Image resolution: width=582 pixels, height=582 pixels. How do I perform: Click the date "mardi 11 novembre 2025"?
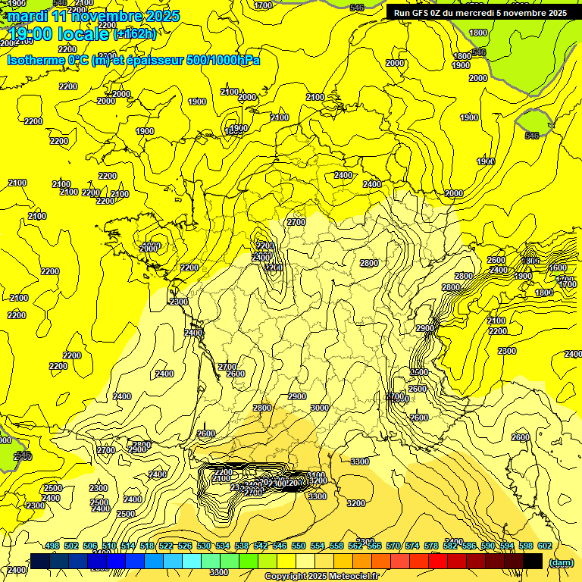coord(93,16)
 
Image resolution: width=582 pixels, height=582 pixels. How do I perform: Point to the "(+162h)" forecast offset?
coord(135,33)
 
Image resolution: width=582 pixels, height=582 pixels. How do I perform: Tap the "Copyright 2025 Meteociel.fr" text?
coord(321,576)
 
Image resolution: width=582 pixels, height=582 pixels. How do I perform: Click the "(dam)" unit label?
coord(561,562)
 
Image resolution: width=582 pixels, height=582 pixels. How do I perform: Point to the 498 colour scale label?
coord(52,546)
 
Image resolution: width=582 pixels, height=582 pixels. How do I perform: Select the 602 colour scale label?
coord(545,546)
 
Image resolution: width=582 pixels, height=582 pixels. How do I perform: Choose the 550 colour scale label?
coord(299,546)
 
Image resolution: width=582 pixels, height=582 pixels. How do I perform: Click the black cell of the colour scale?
coord(533,561)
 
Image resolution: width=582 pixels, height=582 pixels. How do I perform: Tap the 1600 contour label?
coord(557,268)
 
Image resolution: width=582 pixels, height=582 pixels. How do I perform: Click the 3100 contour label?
coord(317,476)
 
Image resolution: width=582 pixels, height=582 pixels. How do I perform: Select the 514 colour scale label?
coord(127,546)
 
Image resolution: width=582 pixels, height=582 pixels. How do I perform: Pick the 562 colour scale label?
coord(355,546)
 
